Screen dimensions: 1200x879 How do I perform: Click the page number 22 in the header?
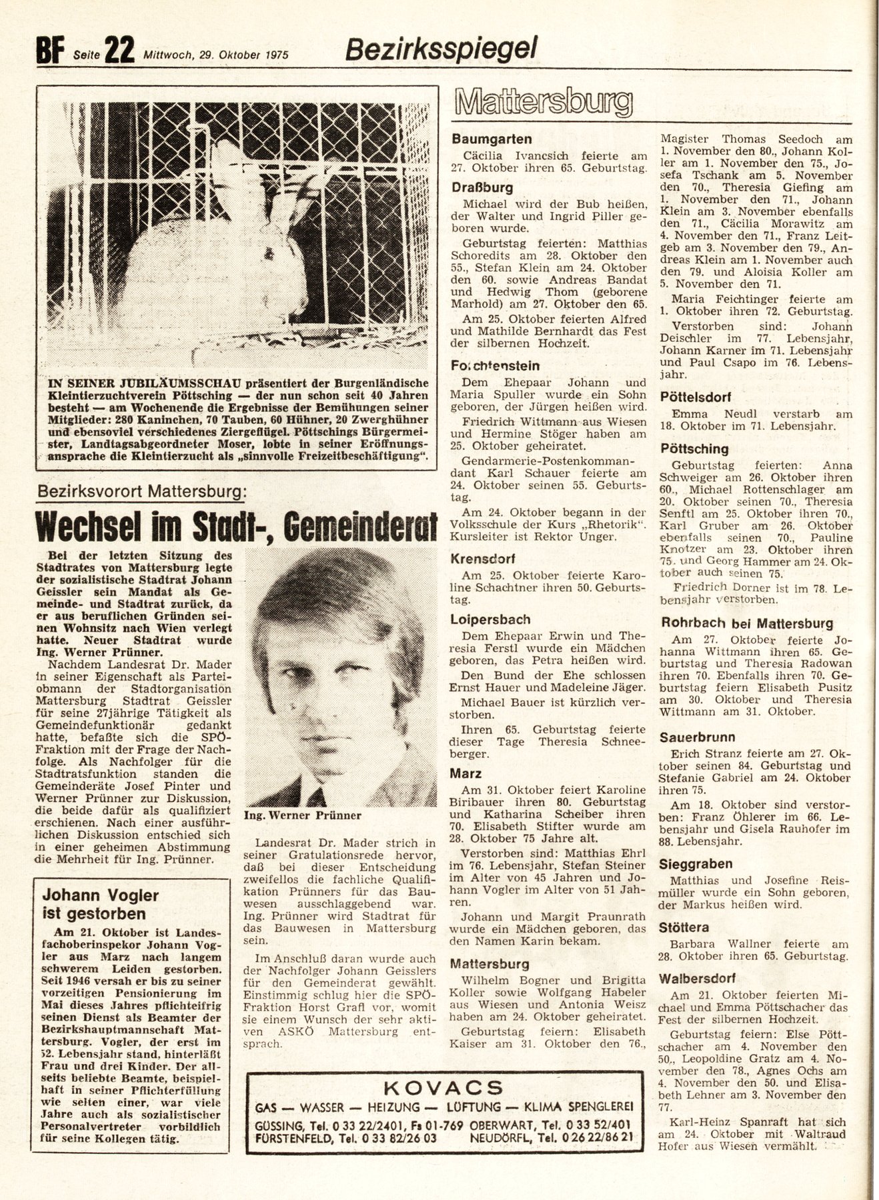tap(120, 50)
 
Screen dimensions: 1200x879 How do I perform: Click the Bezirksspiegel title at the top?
tap(442, 48)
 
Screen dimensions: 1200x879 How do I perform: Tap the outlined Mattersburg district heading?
tap(542, 103)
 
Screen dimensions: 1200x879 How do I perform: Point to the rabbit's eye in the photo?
tap(270, 254)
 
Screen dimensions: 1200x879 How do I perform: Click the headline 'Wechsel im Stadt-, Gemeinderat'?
tap(236, 527)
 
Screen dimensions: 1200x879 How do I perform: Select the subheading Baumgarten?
tap(492, 139)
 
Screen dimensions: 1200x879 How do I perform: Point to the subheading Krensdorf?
tap(483, 559)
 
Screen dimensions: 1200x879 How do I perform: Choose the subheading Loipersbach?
tap(490, 619)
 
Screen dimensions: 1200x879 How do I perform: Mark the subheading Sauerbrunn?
tap(698, 737)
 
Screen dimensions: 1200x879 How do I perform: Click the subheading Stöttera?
tap(684, 927)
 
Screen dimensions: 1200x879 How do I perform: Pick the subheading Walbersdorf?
tap(698, 979)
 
